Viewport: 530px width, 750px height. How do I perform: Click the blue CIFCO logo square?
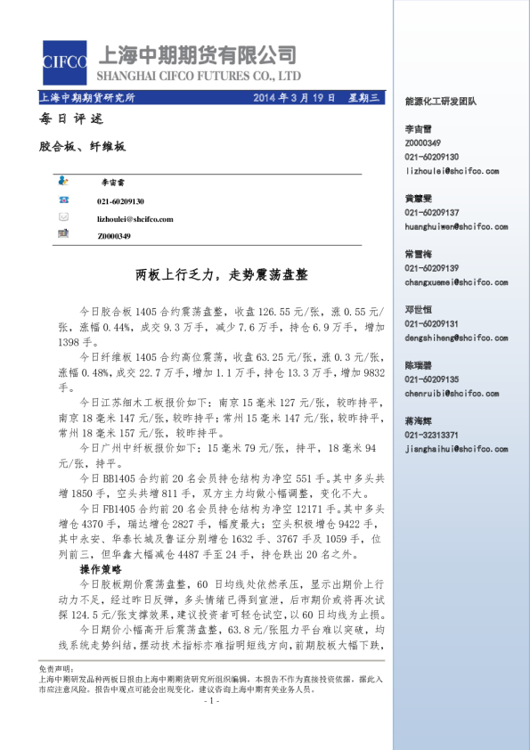click(x=64, y=62)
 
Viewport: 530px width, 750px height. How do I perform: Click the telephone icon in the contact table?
click(x=63, y=201)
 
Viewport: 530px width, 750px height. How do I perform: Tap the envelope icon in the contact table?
click(x=63, y=218)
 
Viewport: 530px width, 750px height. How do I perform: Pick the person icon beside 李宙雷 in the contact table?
click(x=63, y=182)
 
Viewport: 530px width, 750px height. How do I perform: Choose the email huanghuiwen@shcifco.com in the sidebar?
click(x=455, y=226)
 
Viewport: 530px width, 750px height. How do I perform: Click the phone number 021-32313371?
click(x=432, y=435)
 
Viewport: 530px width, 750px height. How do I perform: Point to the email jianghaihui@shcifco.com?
click(x=455, y=449)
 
